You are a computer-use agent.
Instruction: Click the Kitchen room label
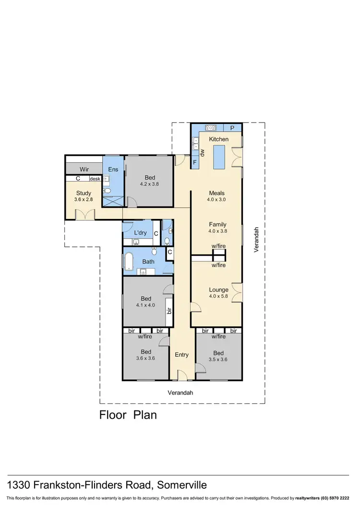(x=218, y=139)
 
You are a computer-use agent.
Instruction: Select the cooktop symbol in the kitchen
(x=211, y=128)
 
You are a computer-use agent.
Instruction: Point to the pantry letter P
(x=232, y=128)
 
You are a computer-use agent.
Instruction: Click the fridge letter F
(x=195, y=163)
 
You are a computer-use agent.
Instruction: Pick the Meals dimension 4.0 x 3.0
(x=216, y=199)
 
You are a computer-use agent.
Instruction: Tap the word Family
(x=217, y=224)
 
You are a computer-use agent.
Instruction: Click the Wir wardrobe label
(x=84, y=170)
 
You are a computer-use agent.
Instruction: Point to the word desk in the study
(x=95, y=179)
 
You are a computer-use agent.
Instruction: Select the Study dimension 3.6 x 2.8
(x=83, y=199)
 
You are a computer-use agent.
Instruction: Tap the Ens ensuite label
(x=113, y=170)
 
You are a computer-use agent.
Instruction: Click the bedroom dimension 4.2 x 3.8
(x=149, y=184)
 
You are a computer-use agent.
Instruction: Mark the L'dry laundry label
(x=140, y=233)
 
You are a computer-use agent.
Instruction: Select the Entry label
(x=181, y=355)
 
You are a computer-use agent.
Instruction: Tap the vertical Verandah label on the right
(x=257, y=239)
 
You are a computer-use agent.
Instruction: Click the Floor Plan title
(x=128, y=414)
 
